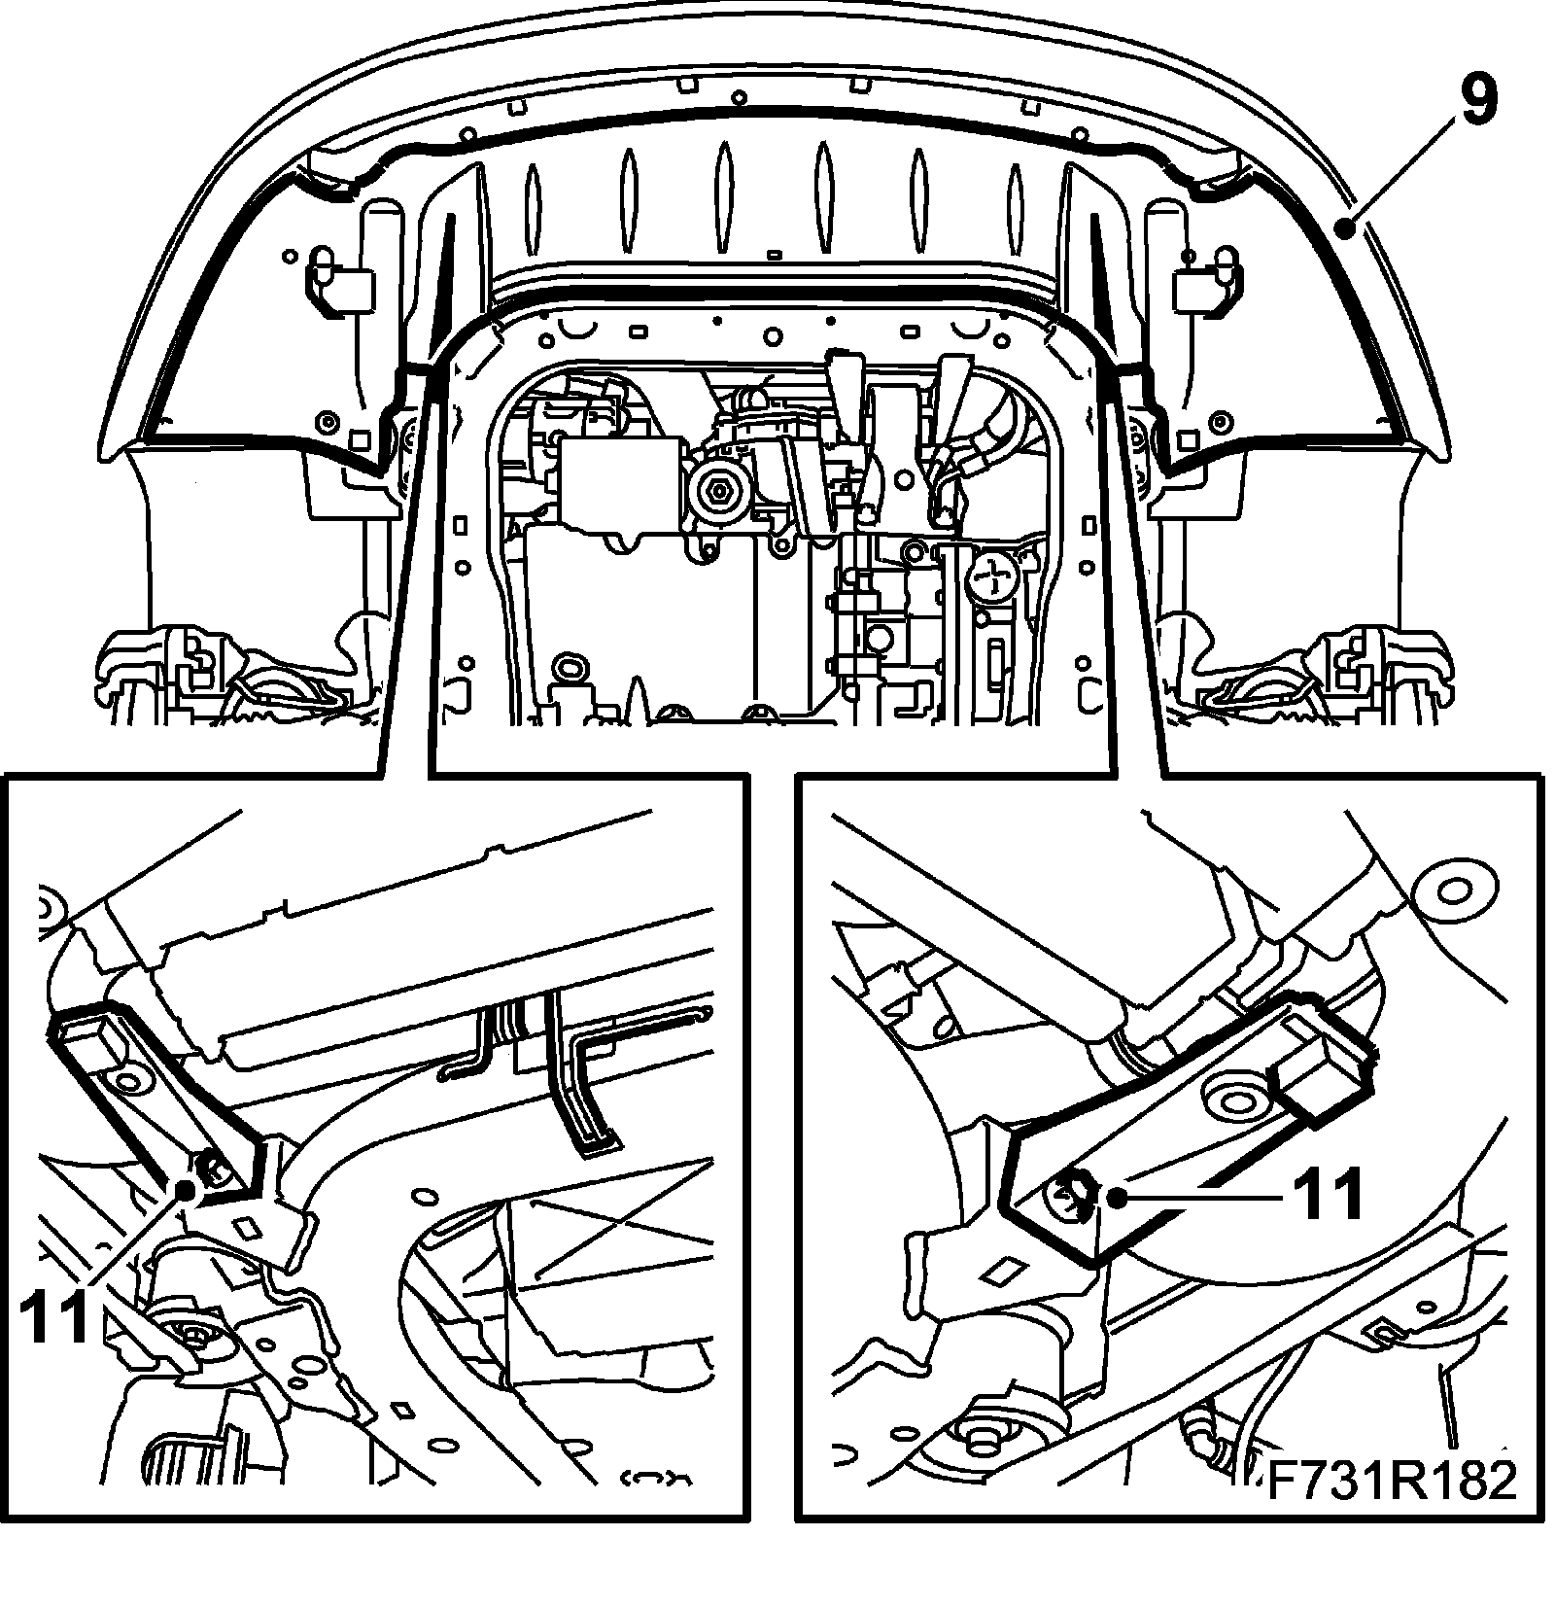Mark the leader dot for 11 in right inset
tap(1119, 1198)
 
